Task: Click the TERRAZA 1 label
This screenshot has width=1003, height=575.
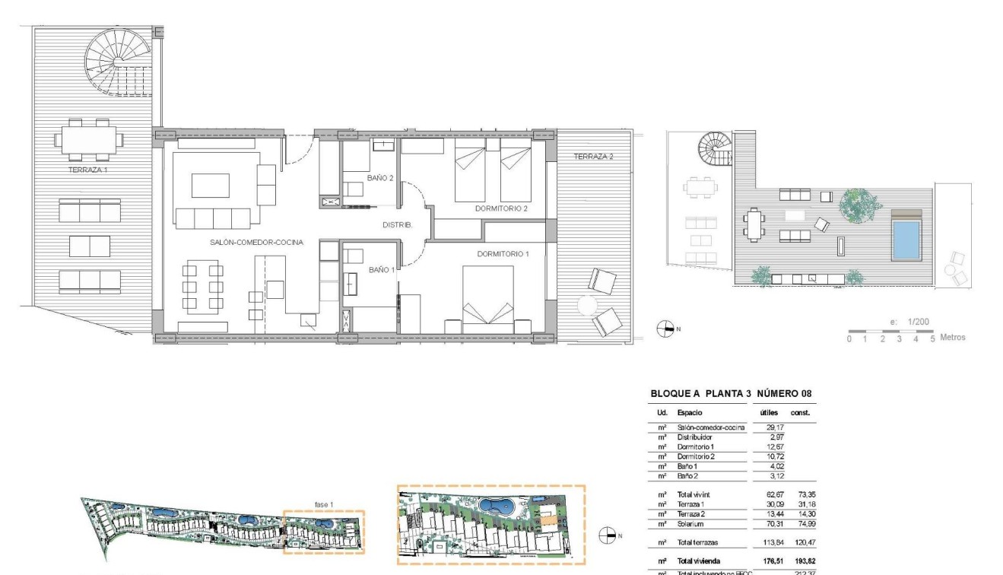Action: point(87,170)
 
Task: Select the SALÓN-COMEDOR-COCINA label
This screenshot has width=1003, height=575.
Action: point(257,243)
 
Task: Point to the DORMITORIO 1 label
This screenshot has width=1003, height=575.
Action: point(503,253)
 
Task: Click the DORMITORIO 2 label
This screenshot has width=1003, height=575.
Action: point(501,208)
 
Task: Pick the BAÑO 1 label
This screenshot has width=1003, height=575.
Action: point(381,269)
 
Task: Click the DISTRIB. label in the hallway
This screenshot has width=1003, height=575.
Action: point(397,225)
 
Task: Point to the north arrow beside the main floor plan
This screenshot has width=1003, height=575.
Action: point(665,329)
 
